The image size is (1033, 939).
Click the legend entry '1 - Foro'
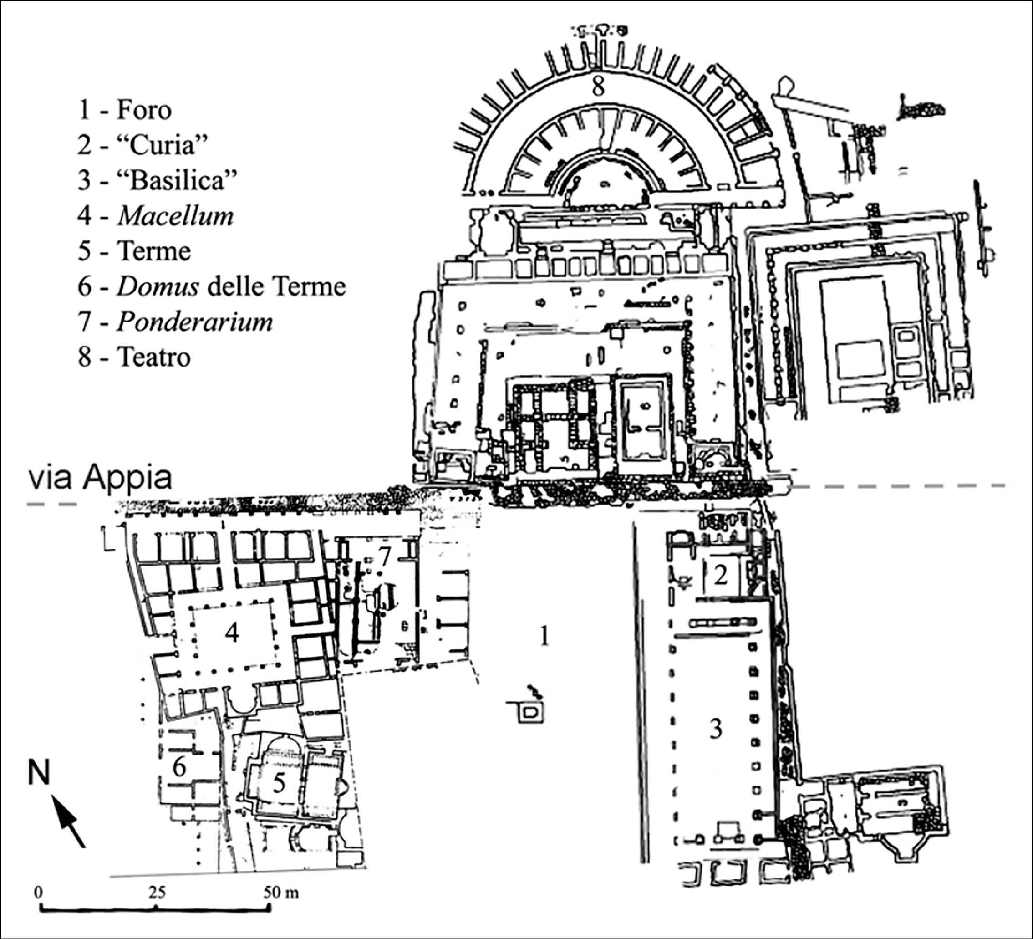click(x=124, y=110)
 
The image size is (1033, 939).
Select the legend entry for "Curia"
click(x=143, y=146)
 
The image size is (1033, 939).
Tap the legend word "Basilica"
click(x=183, y=180)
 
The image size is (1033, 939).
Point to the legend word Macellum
click(x=176, y=216)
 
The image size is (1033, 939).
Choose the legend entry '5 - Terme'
click(x=134, y=251)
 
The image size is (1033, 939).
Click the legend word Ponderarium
click(x=195, y=322)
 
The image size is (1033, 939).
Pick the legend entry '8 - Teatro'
click(x=134, y=357)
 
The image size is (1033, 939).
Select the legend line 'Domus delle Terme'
click(x=212, y=286)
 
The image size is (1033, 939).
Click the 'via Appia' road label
click(x=100, y=478)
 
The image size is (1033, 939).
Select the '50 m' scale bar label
click(x=281, y=893)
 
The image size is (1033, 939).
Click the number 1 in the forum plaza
click(x=544, y=636)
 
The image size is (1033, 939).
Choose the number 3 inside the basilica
click(x=716, y=728)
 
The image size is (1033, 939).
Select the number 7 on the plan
click(x=385, y=556)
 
